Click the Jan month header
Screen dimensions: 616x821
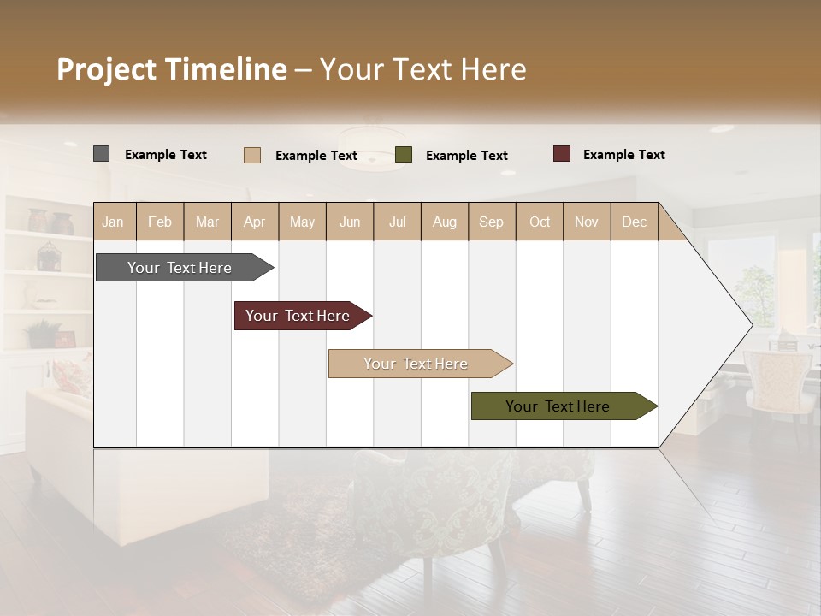click(113, 222)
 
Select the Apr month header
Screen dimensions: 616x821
click(255, 222)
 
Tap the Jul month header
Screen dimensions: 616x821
click(397, 222)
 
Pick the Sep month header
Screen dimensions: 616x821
click(491, 222)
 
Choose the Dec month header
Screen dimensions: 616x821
click(634, 222)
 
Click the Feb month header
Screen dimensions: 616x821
click(160, 222)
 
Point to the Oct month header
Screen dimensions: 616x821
click(540, 222)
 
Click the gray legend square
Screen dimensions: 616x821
click(101, 154)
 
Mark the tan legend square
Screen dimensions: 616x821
click(252, 155)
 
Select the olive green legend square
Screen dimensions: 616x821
click(404, 155)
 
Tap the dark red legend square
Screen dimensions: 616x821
click(562, 154)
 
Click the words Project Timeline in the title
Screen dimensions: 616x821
click(171, 69)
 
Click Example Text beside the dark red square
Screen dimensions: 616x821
click(623, 155)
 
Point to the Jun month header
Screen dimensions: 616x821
click(350, 222)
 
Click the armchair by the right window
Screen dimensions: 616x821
click(777, 381)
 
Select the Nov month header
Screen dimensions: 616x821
click(587, 222)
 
